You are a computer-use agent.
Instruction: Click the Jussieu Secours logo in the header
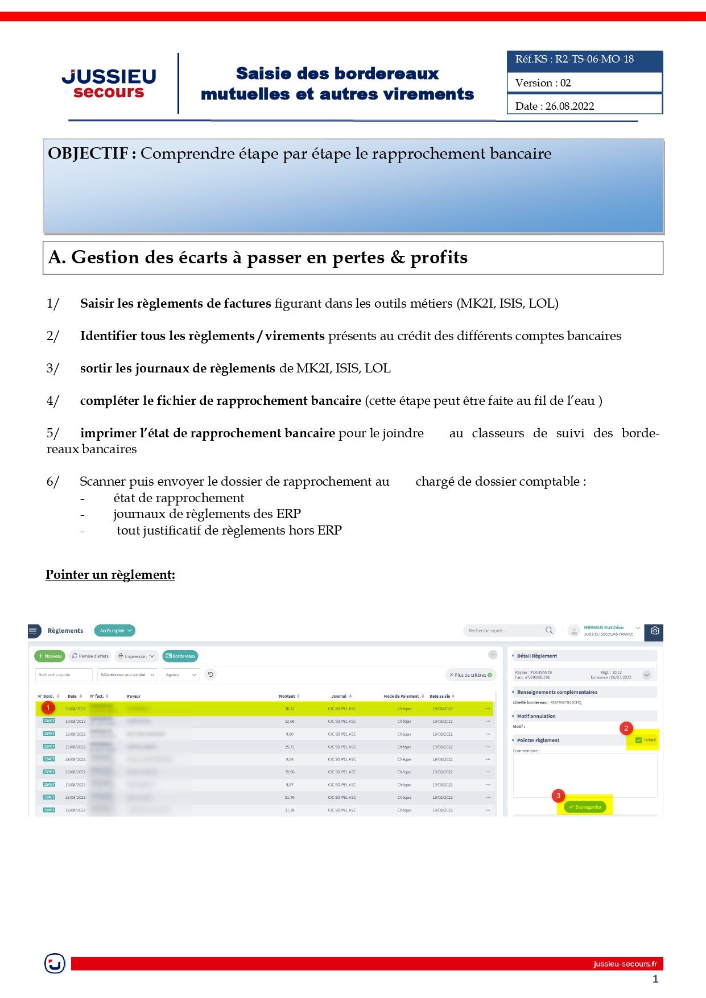109,84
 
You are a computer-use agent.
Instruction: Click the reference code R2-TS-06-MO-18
594,59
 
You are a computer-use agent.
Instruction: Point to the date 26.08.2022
569,106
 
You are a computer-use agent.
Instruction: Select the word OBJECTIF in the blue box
88,154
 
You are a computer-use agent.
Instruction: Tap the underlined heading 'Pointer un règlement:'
110,575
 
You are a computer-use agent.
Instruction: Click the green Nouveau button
50,656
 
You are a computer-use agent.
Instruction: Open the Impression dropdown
137,656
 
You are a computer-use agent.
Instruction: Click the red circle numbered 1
48,708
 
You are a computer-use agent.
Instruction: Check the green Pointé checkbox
638,740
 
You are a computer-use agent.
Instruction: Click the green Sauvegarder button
585,807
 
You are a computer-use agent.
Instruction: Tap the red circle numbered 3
558,796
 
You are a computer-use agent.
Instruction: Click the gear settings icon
655,631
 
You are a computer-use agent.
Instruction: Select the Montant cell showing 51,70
290,797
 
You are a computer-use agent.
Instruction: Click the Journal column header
340,696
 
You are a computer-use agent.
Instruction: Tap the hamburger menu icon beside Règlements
34,631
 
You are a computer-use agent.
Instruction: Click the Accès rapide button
114,631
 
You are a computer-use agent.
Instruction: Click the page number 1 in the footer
655,979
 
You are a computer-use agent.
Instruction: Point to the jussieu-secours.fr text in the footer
625,964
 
